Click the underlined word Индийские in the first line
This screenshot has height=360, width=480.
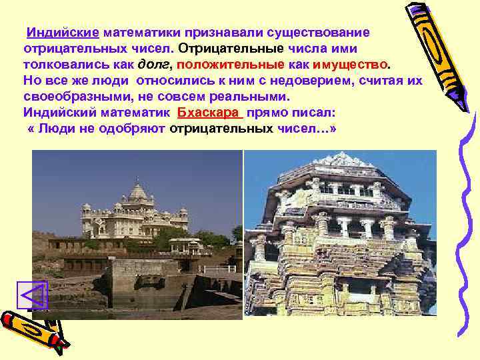(63, 32)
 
